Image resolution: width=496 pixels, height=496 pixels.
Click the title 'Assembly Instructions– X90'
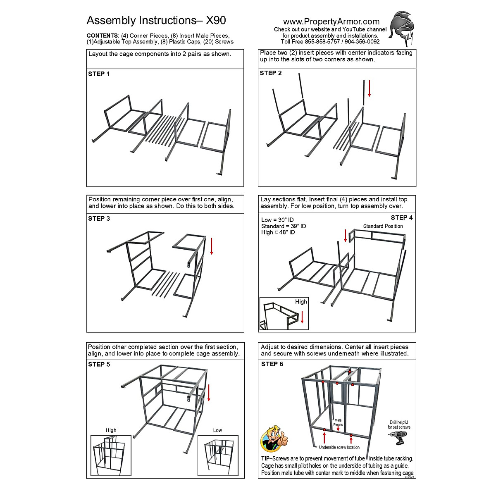(156, 21)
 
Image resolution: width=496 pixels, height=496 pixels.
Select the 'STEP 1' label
(99, 74)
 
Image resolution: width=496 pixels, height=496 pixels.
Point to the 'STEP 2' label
(271, 73)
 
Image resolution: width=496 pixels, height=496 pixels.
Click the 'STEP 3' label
(99, 219)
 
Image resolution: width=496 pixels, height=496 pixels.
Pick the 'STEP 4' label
(402, 217)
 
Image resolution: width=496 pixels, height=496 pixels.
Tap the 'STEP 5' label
(99, 364)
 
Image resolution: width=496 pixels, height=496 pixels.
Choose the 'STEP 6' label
(272, 364)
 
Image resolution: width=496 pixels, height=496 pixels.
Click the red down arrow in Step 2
(369, 88)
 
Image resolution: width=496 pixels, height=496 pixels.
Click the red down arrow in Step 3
(211, 246)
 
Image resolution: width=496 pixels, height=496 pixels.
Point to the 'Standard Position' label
(383, 226)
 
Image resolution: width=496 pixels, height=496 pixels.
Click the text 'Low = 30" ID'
(278, 220)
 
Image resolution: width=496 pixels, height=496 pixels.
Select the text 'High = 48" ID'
(278, 232)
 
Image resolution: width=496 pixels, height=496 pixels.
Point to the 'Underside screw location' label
(339, 447)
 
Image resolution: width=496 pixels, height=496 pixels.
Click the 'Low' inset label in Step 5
(217, 430)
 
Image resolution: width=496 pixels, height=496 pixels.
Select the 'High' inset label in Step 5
(111, 430)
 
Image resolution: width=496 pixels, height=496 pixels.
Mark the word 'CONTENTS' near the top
(103, 36)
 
